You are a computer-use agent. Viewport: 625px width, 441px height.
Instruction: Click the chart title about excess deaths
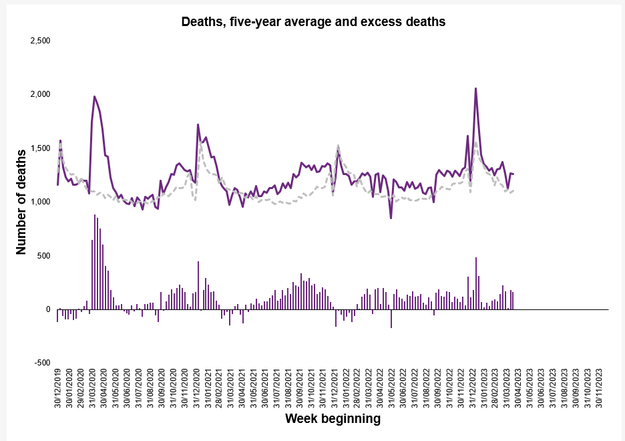[x=313, y=22]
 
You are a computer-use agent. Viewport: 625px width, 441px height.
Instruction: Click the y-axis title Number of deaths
[x=21, y=202]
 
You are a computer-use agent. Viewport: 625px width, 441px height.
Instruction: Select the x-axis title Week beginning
[x=333, y=419]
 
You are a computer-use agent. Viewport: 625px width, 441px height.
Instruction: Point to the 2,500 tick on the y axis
[x=41, y=41]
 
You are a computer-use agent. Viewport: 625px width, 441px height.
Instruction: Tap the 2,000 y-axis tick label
[x=41, y=94]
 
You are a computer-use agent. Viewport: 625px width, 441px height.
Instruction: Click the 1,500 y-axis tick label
[x=41, y=148]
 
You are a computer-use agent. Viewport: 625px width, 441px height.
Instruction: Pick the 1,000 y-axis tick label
[x=41, y=202]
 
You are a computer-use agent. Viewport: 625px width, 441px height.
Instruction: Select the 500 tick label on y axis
[x=44, y=256]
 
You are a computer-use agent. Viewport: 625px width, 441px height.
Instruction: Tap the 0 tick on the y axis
[x=48, y=309]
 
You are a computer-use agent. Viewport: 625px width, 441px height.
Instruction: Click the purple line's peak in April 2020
[x=94, y=97]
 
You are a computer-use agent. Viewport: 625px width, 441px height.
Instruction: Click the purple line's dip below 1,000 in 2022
[x=391, y=217]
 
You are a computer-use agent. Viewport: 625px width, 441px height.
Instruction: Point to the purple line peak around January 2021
[x=198, y=125]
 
